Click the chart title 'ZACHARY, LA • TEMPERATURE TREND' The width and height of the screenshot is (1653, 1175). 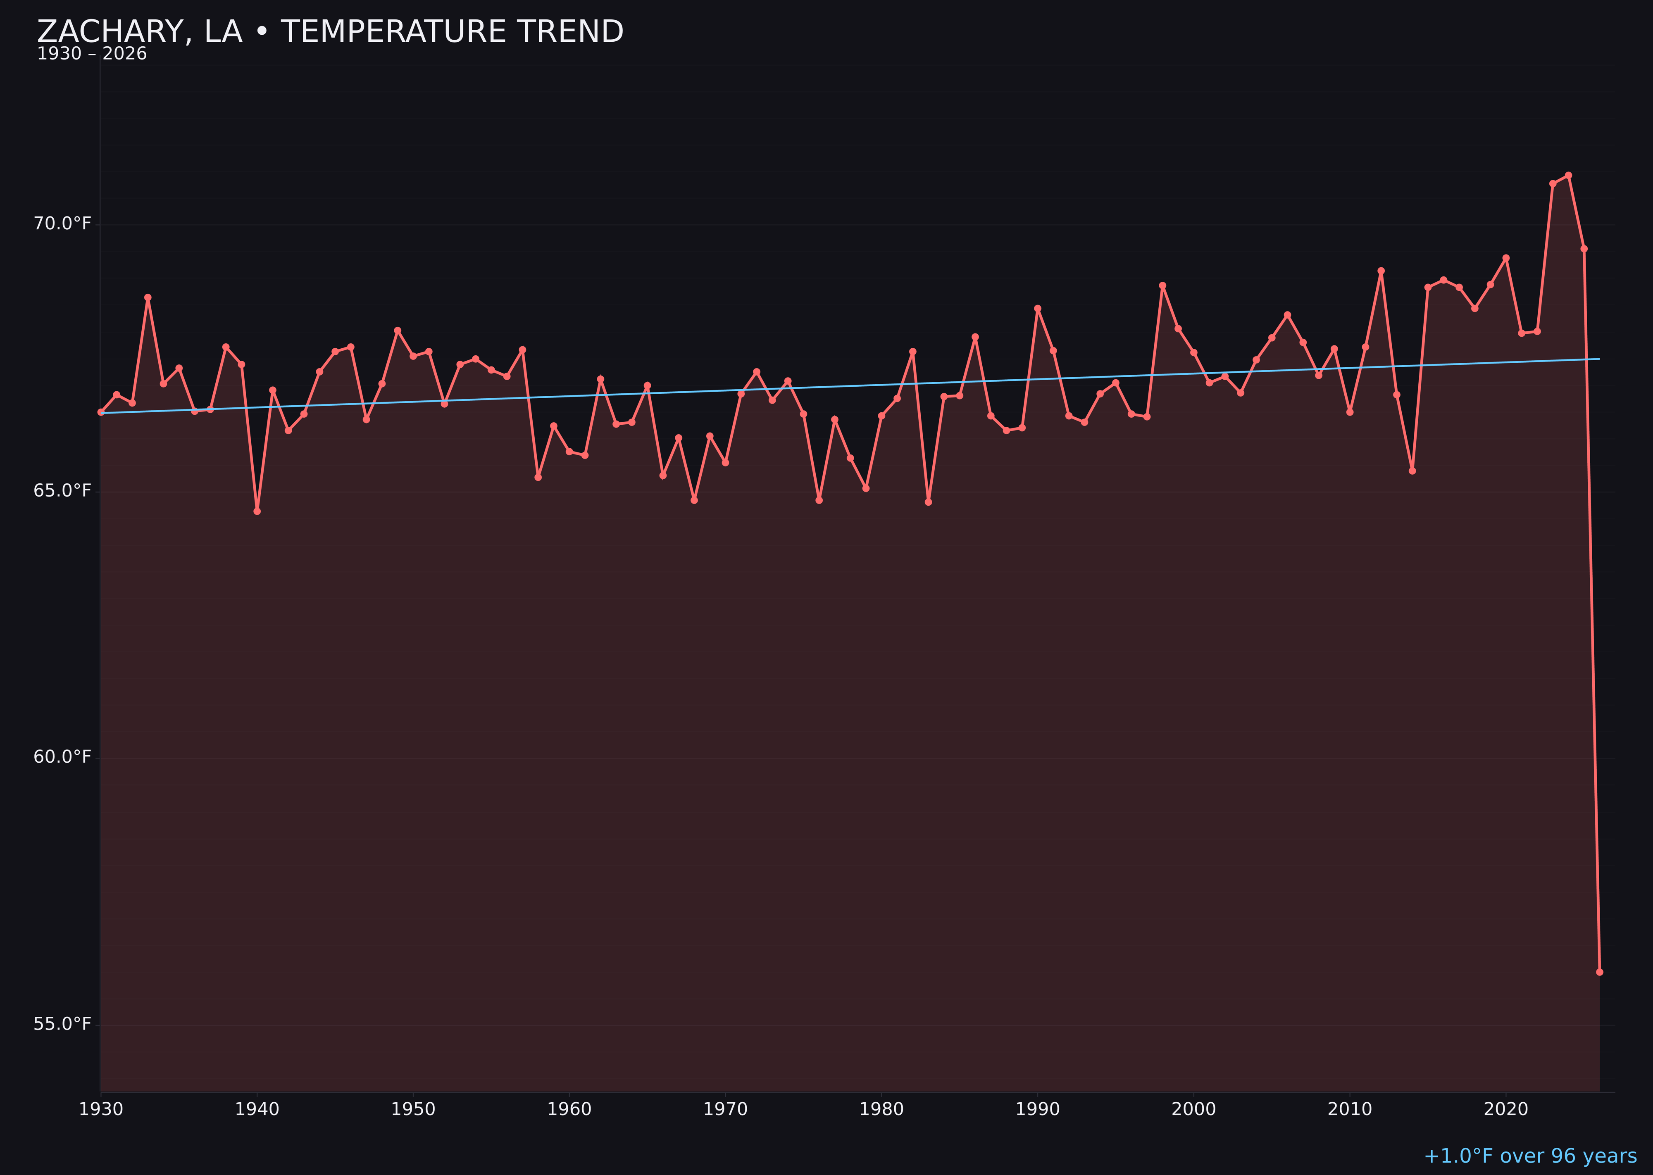[x=330, y=32]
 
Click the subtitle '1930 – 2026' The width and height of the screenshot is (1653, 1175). [x=92, y=54]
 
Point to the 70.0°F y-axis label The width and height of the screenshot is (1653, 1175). [x=62, y=224]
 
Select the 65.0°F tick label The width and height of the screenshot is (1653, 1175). [x=62, y=490]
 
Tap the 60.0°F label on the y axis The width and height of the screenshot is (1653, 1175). [x=62, y=757]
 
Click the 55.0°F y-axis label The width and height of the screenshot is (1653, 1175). [x=62, y=1024]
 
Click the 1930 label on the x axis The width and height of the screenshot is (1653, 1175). [x=100, y=1109]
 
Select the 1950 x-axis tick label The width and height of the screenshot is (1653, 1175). [x=413, y=1109]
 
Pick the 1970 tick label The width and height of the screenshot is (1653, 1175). [x=725, y=1109]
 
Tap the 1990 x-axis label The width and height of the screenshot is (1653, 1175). [x=1037, y=1109]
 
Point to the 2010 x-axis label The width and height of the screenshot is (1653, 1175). [x=1350, y=1109]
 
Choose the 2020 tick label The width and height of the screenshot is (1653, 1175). [x=1505, y=1109]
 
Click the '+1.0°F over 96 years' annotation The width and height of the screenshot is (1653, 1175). [x=1530, y=1156]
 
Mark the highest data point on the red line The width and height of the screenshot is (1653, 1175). [x=1568, y=175]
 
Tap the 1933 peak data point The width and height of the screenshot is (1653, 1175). [x=148, y=297]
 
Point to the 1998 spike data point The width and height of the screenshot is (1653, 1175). [x=1162, y=286]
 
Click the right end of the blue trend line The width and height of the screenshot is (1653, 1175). [x=1599, y=359]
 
